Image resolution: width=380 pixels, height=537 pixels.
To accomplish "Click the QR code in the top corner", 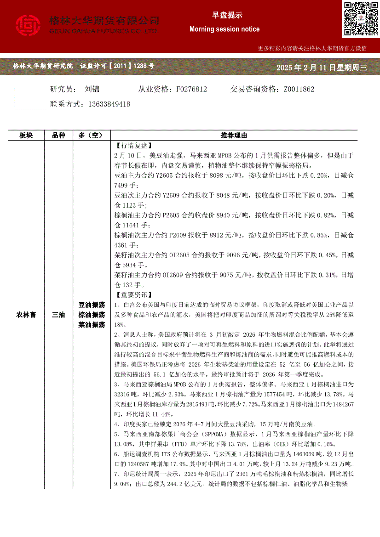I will tap(360, 19).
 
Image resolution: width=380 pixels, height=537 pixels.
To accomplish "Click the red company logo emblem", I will tap(29, 26).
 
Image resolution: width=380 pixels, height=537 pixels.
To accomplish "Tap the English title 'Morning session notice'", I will tap(225, 29).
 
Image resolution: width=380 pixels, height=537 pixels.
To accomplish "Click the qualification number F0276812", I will tap(191, 89).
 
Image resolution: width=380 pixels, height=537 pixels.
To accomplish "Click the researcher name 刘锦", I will tap(92, 89).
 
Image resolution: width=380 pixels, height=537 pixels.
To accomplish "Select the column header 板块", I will tap(26, 136).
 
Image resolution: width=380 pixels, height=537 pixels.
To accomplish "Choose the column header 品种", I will tap(58, 136).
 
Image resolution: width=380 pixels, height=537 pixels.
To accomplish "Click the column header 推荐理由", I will tap(234, 136).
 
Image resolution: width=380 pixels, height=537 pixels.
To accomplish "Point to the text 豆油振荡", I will tap(92, 305).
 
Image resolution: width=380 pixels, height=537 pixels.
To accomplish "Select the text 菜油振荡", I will tap(92, 325).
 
